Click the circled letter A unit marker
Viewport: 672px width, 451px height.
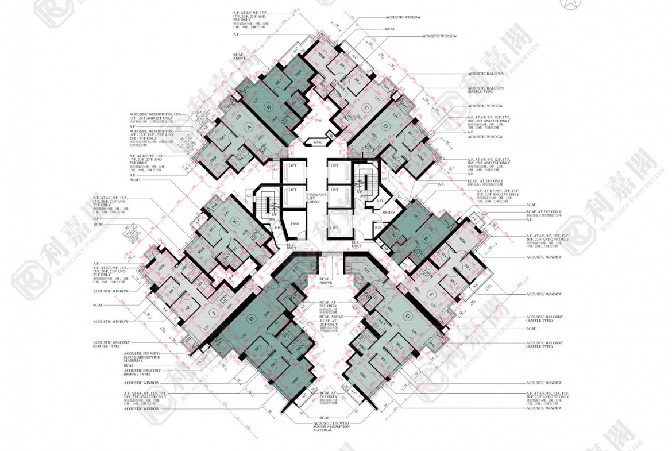click(x=249, y=127)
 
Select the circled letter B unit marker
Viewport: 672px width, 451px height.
click(x=267, y=106)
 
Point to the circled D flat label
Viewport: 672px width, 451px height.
click(x=385, y=126)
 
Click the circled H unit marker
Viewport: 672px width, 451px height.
click(x=251, y=319)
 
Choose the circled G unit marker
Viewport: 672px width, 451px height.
click(x=407, y=316)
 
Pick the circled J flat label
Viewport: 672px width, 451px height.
click(x=213, y=313)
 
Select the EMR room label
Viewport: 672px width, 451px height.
click(x=295, y=223)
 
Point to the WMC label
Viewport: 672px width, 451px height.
click(x=317, y=141)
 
